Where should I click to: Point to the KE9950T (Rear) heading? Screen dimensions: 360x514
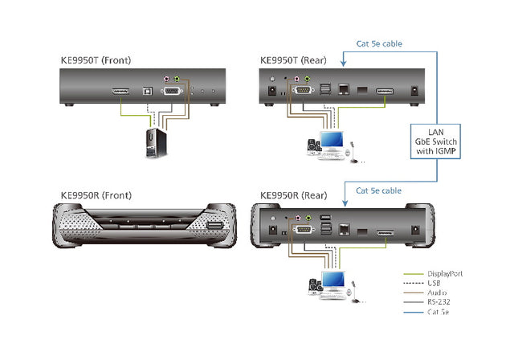pyautogui.click(x=296, y=60)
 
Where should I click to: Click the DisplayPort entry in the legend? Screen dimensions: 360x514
pyautogui.click(x=444, y=273)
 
